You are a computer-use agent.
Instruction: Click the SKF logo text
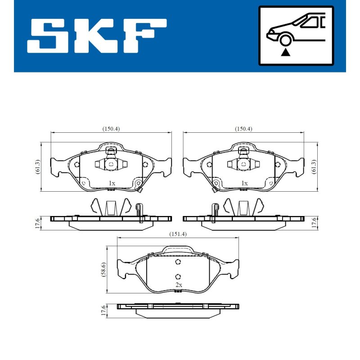(97, 36)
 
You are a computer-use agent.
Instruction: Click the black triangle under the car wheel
(285, 52)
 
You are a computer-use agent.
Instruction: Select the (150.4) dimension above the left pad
(111, 129)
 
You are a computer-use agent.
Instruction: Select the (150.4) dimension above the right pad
(243, 129)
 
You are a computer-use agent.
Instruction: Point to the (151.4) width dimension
(178, 234)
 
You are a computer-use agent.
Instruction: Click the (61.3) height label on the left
(38, 166)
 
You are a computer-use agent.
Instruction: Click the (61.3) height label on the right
(314, 166)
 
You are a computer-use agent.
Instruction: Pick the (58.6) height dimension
(103, 270)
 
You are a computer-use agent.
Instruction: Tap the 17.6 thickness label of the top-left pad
(38, 223)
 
